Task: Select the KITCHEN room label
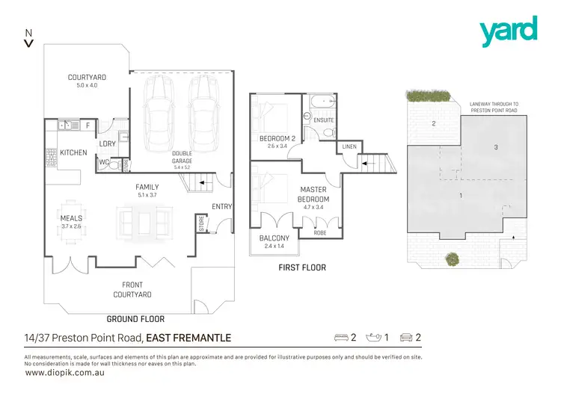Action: pos(74,152)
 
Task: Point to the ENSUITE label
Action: pos(324,120)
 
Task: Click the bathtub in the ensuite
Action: pos(324,102)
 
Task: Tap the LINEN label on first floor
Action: pos(349,146)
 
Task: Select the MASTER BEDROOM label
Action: pos(314,194)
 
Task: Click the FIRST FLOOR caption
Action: pos(301,267)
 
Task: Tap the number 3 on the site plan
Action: pos(495,147)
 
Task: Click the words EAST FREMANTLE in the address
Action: pos(188,338)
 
